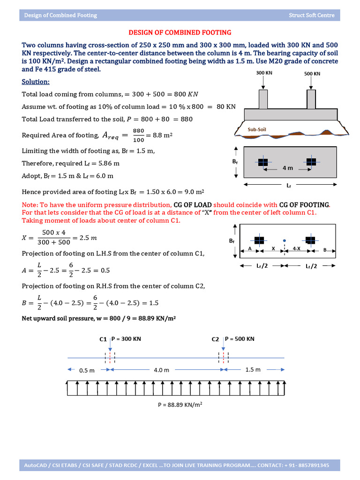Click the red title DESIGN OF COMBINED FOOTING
180,32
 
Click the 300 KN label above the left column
263,73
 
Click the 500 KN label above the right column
312,74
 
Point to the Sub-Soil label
257,129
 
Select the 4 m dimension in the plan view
287,168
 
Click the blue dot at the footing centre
284,242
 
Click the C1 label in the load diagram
103,339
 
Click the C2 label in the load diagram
215,339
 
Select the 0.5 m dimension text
87,370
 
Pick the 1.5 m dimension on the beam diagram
253,370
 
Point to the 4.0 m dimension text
161,370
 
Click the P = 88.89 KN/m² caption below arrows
180,405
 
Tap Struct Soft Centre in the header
312,15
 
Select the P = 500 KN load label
240,339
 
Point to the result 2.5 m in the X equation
87,238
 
